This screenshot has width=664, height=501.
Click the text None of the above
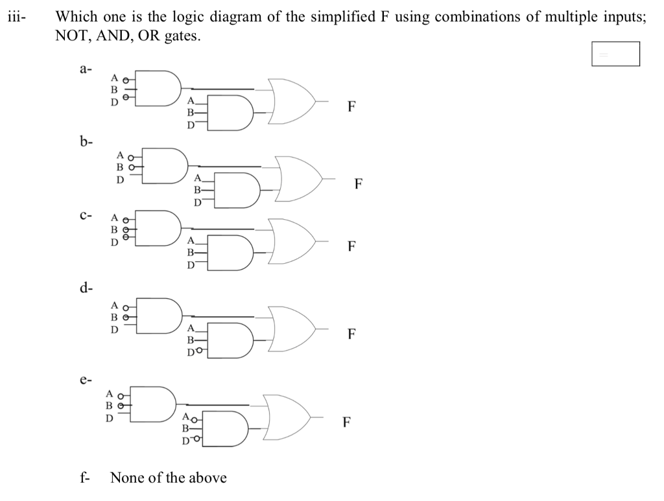coord(169,478)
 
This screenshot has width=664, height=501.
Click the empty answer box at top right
coord(615,54)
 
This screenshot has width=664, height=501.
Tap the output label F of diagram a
coord(351,107)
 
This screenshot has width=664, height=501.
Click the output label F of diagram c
coord(351,246)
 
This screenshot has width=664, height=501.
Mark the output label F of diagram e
coord(348,423)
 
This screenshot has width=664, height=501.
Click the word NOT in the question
coord(72,36)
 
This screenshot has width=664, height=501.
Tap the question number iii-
coord(16,17)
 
